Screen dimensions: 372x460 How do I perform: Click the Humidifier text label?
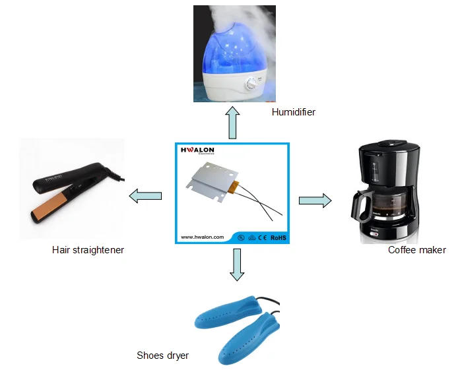[x=293, y=112]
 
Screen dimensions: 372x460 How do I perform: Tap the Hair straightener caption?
[x=88, y=250]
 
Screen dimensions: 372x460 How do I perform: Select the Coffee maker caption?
[x=416, y=250]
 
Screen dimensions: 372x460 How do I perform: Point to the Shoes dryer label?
[x=162, y=356]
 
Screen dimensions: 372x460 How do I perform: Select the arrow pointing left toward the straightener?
[x=145, y=195]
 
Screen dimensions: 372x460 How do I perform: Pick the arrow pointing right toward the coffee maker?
[x=315, y=201]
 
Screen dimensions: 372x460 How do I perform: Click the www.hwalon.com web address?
[x=203, y=235]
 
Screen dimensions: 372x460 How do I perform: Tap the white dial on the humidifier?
[x=252, y=84]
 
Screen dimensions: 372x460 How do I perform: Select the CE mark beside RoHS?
[x=261, y=235]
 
